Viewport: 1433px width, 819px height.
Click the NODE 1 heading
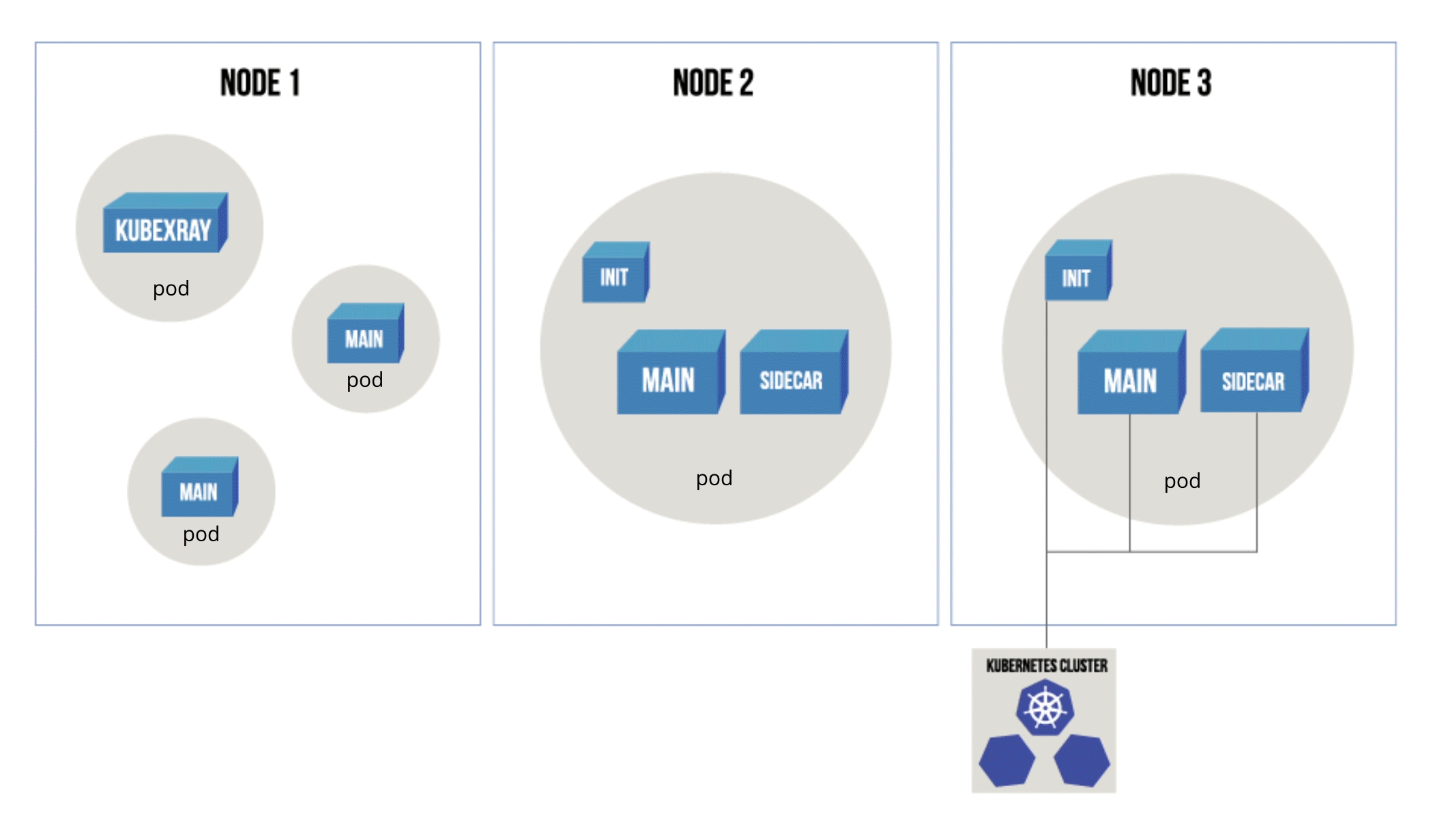point(260,83)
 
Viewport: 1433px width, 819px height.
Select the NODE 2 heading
point(713,83)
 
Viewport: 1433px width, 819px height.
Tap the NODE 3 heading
point(1171,83)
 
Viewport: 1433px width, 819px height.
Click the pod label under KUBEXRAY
point(171,289)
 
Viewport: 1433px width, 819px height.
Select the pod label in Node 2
point(714,478)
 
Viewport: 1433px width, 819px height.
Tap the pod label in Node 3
point(1183,481)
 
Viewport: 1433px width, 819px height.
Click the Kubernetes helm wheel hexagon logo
point(1045,708)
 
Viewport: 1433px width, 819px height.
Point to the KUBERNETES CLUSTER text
point(1047,665)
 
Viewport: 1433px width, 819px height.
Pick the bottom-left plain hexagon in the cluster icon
point(1007,760)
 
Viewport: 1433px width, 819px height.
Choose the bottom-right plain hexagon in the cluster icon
point(1082,760)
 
